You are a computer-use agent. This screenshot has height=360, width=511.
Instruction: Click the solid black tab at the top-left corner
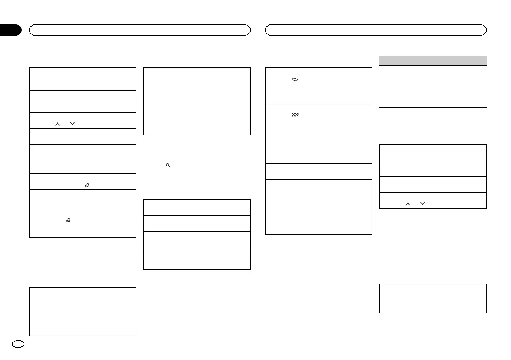coord(10,30)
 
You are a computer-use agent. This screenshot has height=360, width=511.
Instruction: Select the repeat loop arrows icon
coord(295,80)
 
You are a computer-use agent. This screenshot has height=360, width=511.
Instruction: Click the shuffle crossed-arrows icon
coord(295,115)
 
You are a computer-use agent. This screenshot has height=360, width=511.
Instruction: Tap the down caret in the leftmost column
coord(72,124)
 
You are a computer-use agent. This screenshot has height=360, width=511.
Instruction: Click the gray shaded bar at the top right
coord(433,61)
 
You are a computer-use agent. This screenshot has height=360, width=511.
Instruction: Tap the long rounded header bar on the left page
coord(139,30)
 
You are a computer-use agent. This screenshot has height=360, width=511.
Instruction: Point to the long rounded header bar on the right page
coord(376,30)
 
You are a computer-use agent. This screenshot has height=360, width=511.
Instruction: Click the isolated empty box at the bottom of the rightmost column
coord(433,298)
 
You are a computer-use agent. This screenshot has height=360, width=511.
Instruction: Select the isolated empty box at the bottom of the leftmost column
coord(82,312)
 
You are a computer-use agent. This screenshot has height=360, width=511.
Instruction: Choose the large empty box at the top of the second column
coord(197,101)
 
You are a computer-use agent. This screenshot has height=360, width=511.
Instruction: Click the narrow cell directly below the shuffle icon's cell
coord(318,172)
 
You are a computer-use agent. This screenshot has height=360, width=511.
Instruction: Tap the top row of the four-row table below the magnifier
coord(197,207)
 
